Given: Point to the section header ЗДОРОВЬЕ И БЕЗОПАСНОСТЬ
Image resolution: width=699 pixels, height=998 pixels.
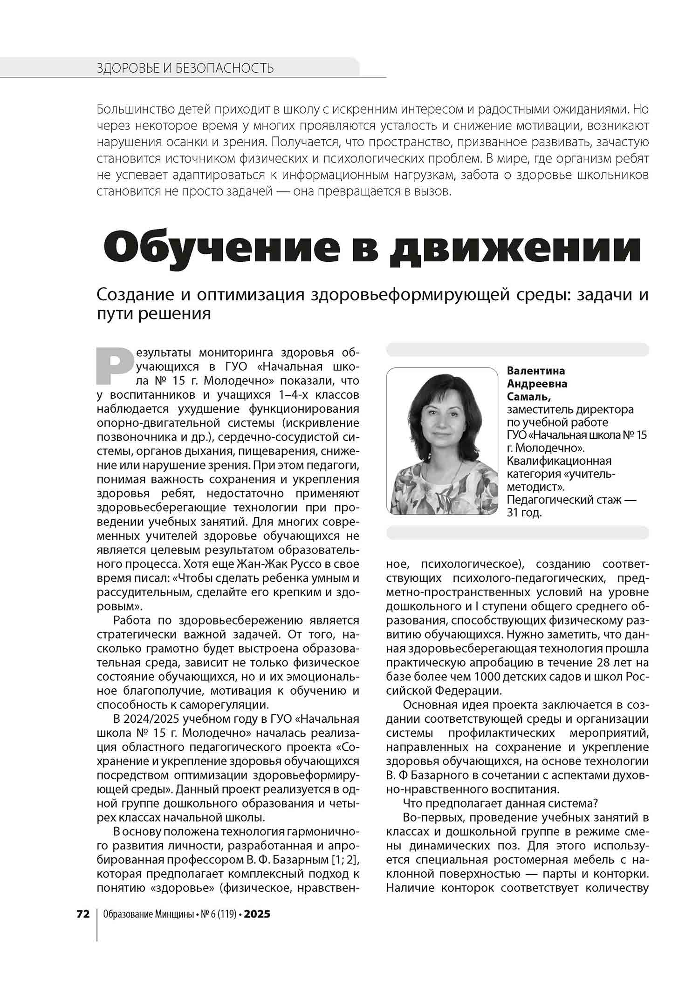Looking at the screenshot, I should [x=185, y=68].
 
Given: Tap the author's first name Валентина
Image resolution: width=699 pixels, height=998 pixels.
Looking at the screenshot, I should [x=536, y=371].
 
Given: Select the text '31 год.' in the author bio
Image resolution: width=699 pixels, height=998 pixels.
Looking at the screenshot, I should [x=524, y=513].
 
